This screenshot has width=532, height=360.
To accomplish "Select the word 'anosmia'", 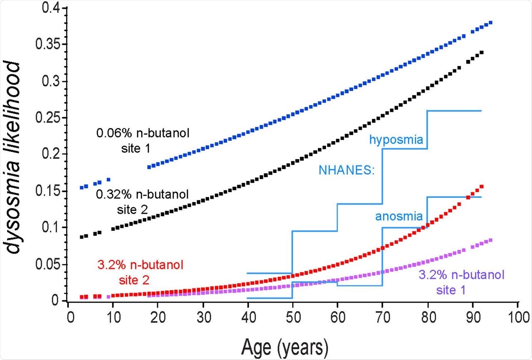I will click(399, 216).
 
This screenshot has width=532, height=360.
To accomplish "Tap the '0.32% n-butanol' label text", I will click(143, 194).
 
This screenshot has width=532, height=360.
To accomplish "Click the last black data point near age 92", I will click(482, 52).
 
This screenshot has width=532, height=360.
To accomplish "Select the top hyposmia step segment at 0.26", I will click(454, 111).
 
